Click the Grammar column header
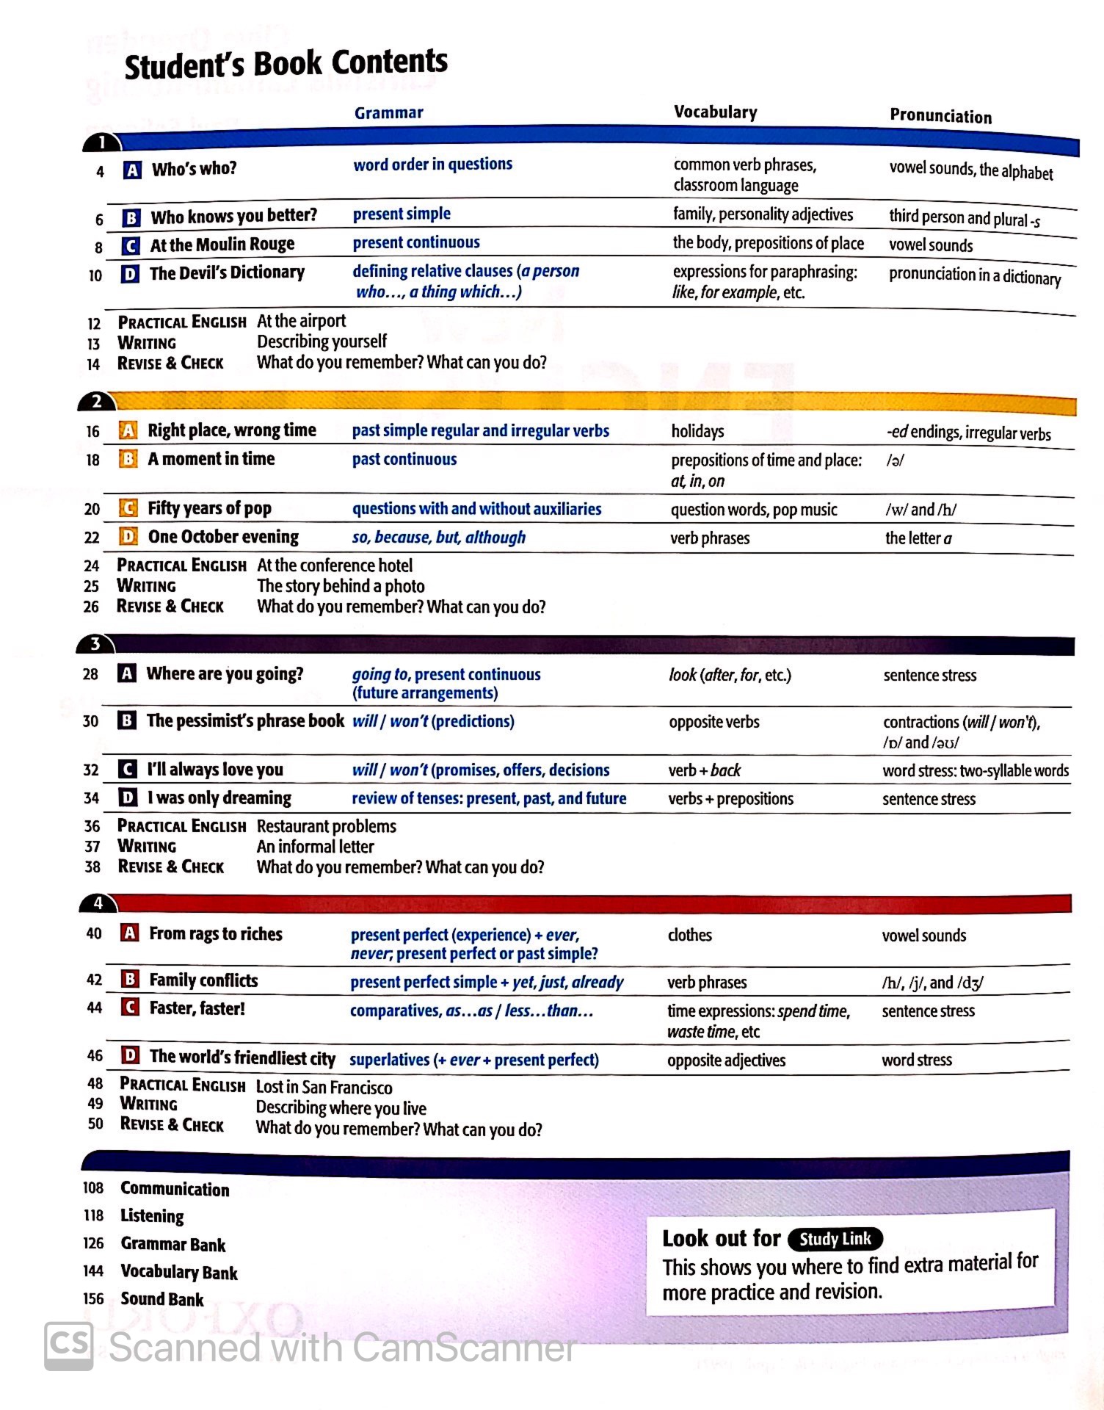click(388, 113)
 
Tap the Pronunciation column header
click(940, 116)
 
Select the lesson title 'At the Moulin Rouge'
click(222, 245)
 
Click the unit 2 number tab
click(96, 402)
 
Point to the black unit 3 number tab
click(95, 645)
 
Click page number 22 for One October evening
click(92, 538)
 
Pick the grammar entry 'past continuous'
click(404, 460)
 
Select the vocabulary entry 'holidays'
click(697, 431)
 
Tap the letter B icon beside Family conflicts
click(130, 980)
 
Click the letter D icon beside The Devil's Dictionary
click(130, 274)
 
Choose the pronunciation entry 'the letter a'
click(918, 538)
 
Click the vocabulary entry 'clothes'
click(689, 935)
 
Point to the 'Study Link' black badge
click(835, 1239)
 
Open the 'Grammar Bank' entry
click(173, 1244)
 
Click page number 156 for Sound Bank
click(93, 1298)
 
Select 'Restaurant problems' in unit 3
click(326, 826)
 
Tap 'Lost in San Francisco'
click(324, 1088)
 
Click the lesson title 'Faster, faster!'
click(197, 1008)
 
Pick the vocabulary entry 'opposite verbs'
click(713, 722)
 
